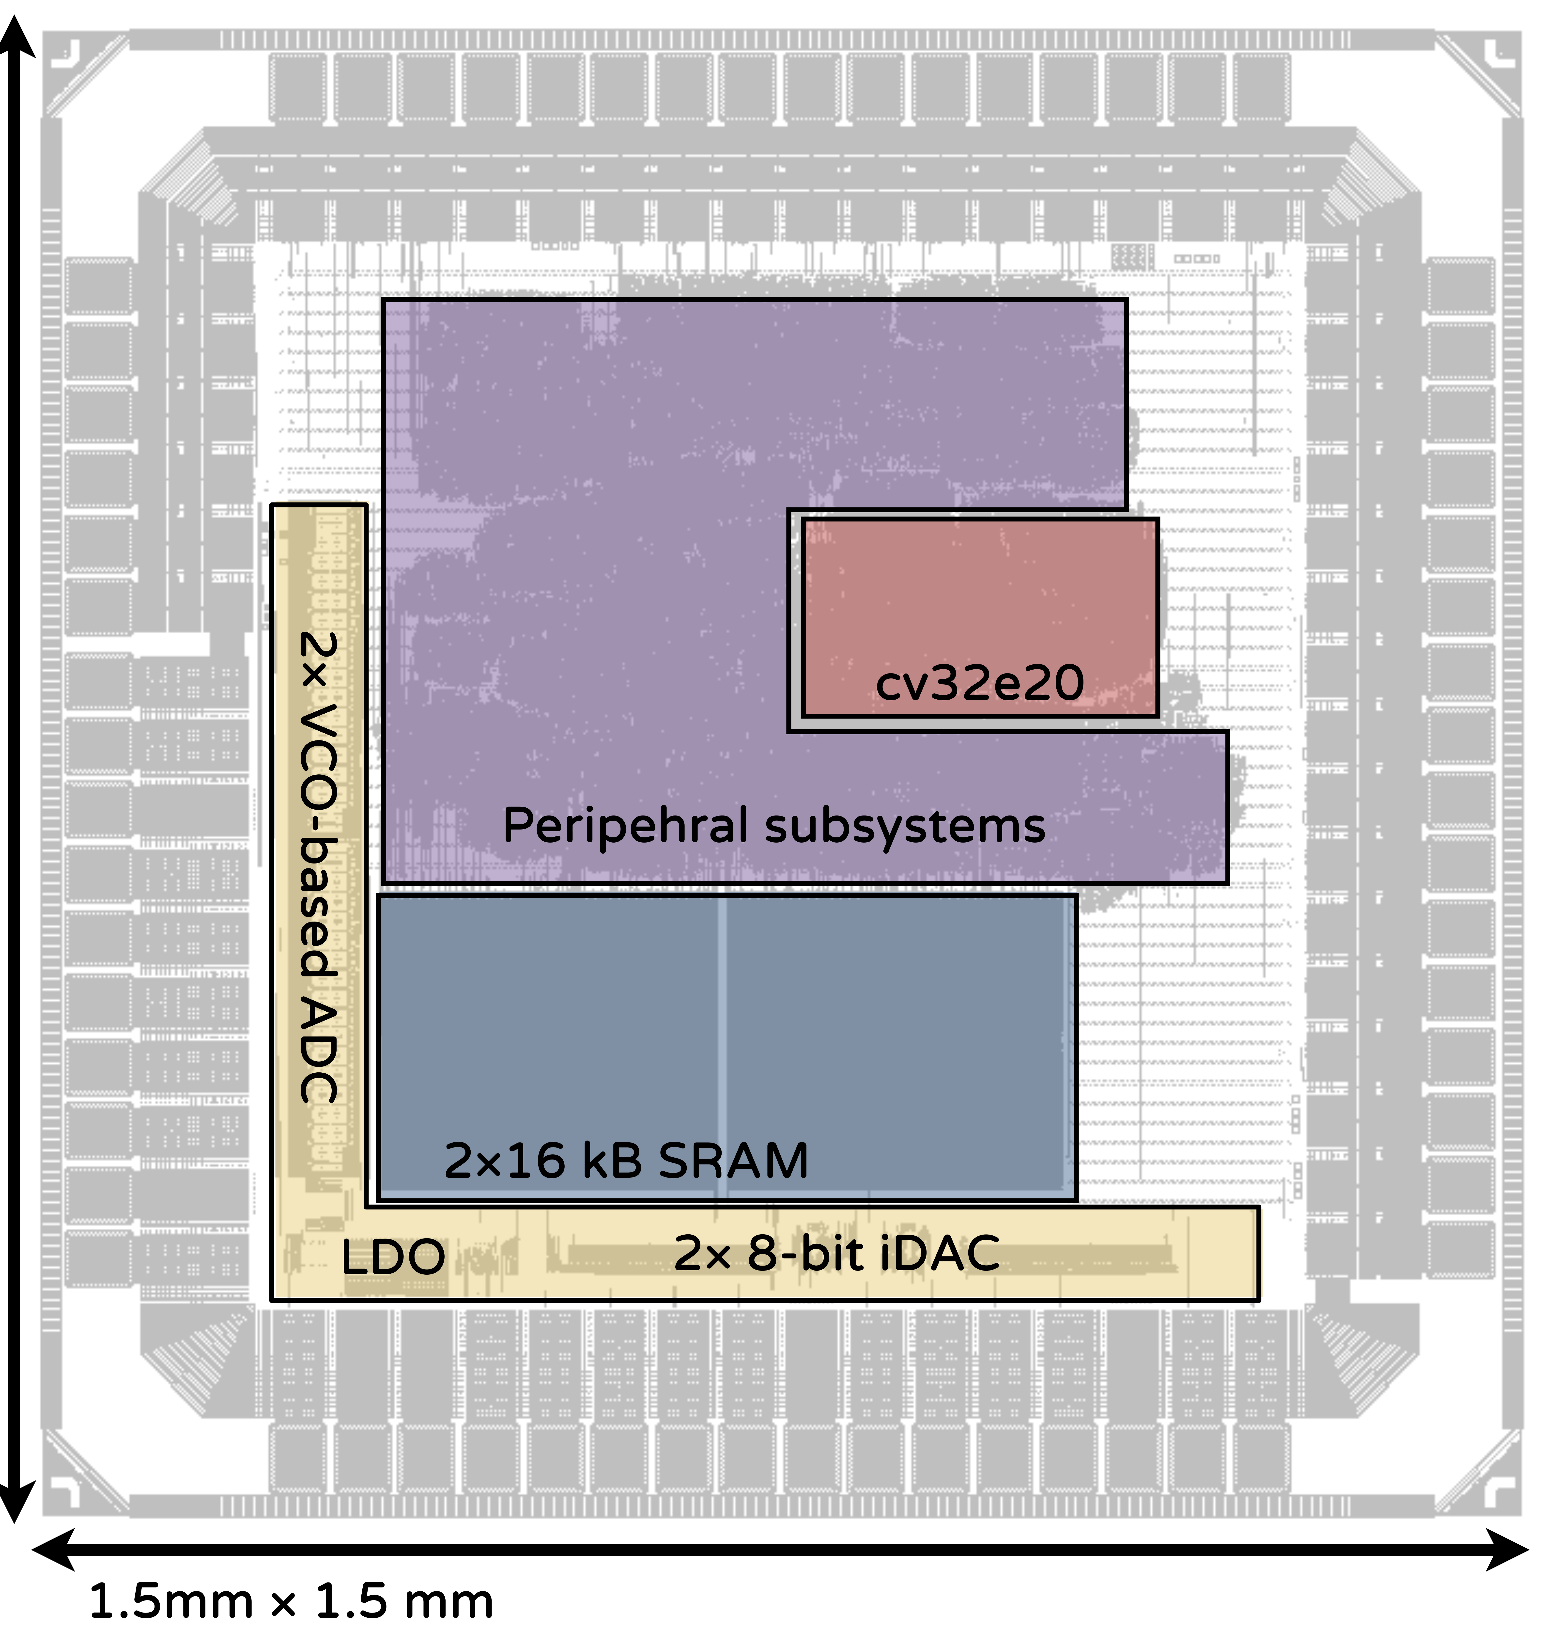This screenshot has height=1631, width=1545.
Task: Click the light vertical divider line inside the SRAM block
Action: [x=722, y=1046]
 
